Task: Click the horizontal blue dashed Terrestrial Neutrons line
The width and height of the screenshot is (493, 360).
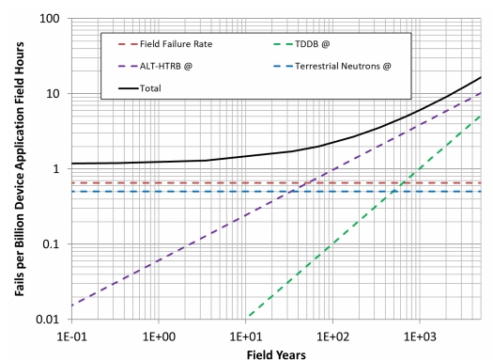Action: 141,192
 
